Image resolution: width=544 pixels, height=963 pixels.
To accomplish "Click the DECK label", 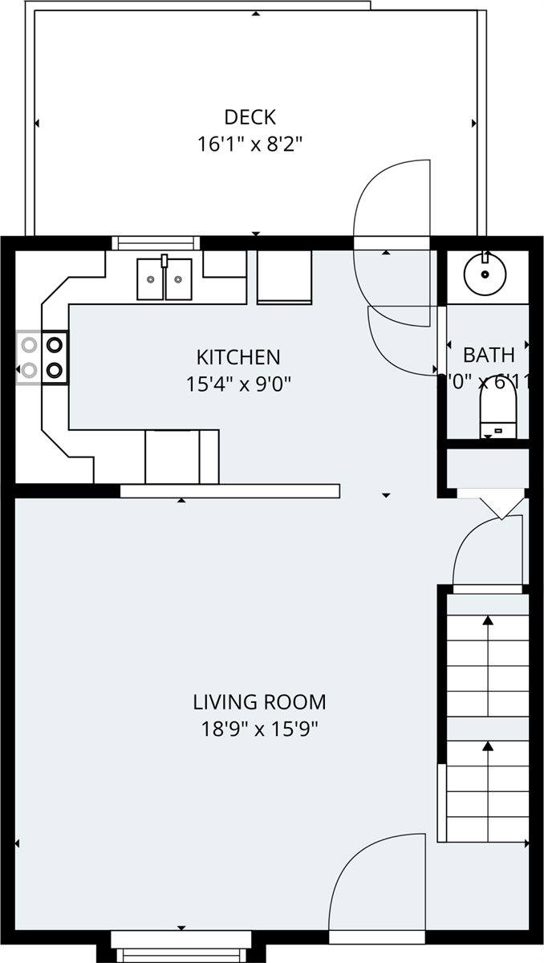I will pyautogui.click(x=250, y=117).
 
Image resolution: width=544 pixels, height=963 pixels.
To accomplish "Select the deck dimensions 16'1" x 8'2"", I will pyautogui.click(x=250, y=144).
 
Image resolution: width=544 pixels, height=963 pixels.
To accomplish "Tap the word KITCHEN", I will pyautogui.click(x=238, y=356).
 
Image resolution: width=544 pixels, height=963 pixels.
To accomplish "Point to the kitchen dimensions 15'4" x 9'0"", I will pyautogui.click(x=238, y=384).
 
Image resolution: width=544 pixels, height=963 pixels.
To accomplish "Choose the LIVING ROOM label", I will pyautogui.click(x=259, y=702).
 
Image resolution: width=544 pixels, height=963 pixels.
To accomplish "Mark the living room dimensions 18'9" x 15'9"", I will pyautogui.click(x=259, y=729).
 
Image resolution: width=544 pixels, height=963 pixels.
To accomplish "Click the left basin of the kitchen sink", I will pyautogui.click(x=150, y=279).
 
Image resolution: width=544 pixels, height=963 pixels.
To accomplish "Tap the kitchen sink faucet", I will pyautogui.click(x=164, y=261).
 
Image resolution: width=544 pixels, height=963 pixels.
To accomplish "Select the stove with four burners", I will pyautogui.click(x=43, y=357).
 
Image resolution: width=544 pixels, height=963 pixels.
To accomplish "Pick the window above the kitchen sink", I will pyautogui.click(x=154, y=242).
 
